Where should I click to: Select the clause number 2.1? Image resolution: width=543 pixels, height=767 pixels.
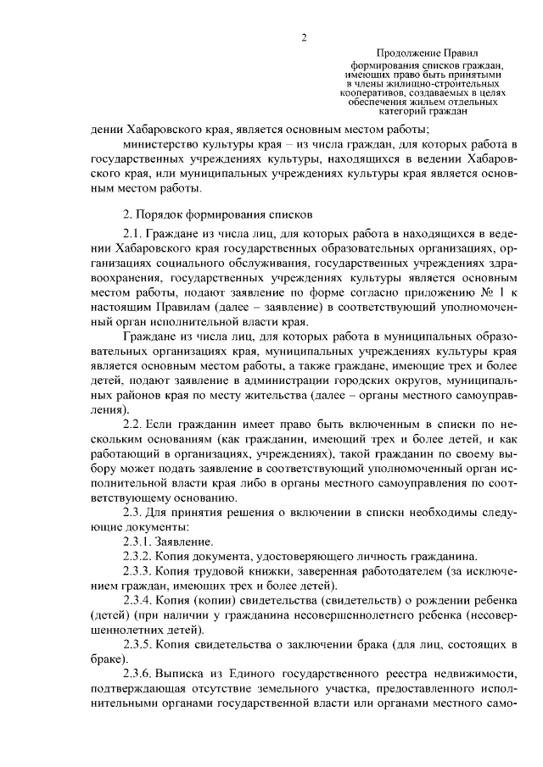click(x=133, y=232)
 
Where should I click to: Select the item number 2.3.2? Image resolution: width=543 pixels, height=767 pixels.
click(x=137, y=557)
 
